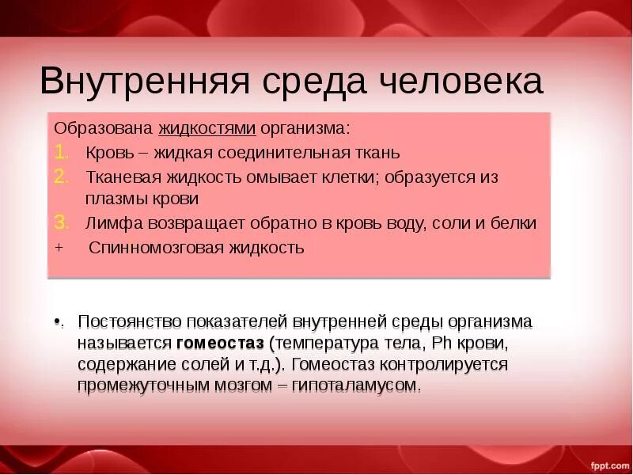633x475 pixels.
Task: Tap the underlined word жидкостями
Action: point(207,128)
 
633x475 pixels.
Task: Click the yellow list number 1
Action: point(61,152)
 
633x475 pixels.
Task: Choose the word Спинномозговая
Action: point(145,248)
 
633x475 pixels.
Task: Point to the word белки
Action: point(515,223)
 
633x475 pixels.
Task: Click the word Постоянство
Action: point(126,323)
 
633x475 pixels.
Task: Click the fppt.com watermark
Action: point(609,465)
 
